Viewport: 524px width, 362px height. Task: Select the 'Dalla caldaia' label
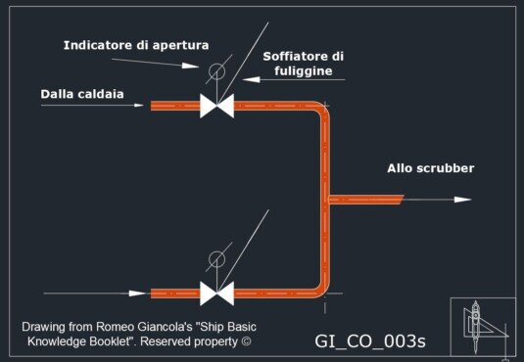pyautogui.click(x=83, y=94)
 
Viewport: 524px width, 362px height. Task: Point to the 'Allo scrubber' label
pyautogui.click(x=430, y=169)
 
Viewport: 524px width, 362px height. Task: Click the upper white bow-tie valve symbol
pyautogui.click(x=215, y=106)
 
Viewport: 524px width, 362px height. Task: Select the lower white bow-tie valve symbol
pyautogui.click(x=215, y=293)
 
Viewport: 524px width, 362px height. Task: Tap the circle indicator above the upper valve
pyautogui.click(x=216, y=71)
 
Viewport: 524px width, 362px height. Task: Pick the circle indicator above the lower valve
pyautogui.click(x=216, y=259)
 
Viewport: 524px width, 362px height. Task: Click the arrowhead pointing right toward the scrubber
pyautogui.click(x=462, y=200)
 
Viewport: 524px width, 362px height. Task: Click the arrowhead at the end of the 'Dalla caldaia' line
pyautogui.click(x=143, y=106)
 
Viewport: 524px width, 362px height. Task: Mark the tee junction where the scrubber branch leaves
pyautogui.click(x=326, y=200)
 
